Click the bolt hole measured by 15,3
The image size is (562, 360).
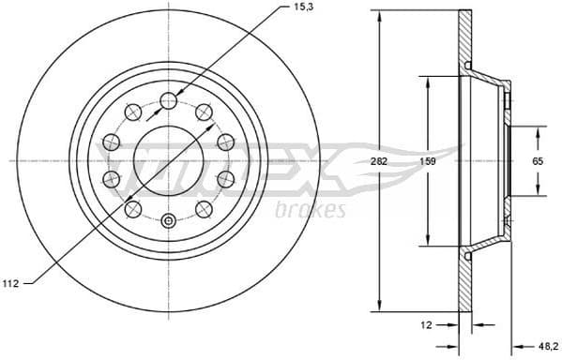tap(169, 101)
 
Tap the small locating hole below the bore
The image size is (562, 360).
tap(169, 221)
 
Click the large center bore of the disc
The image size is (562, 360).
tap(169, 160)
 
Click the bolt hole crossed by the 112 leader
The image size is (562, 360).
tap(135, 207)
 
